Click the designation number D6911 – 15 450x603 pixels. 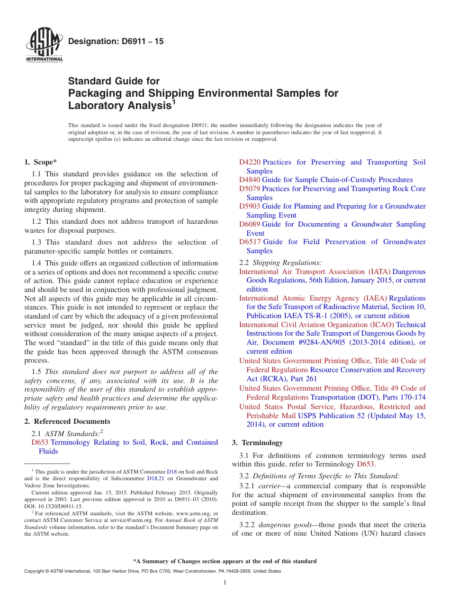click(116, 42)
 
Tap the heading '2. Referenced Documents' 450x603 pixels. click(67, 421)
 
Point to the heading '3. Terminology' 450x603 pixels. click(257, 443)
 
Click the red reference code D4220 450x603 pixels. click(250, 162)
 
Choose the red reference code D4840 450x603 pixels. click(250, 180)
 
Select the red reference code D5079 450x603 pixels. click(250, 189)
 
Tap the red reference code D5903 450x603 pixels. click(250, 206)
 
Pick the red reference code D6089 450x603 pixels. click(250, 224)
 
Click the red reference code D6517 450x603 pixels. click(250, 242)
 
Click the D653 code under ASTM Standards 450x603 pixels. click(40, 442)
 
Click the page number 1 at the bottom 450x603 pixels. click(225, 583)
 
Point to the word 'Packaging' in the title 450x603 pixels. click(94, 93)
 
